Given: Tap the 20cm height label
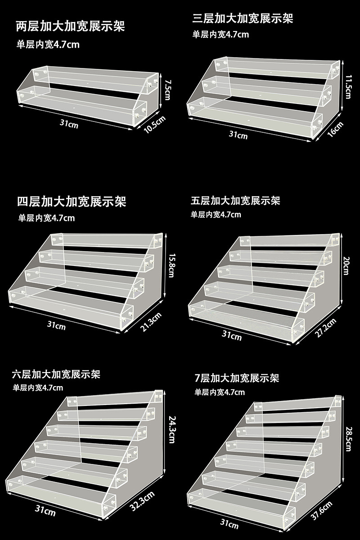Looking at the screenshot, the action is point(345,263).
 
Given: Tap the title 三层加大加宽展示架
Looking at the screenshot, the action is point(243,19).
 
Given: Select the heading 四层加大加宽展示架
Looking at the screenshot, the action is point(72,201).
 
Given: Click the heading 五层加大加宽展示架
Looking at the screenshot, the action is point(235,200).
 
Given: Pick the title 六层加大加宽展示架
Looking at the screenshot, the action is point(56,374).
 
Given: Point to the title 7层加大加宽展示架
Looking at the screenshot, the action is point(237,378).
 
